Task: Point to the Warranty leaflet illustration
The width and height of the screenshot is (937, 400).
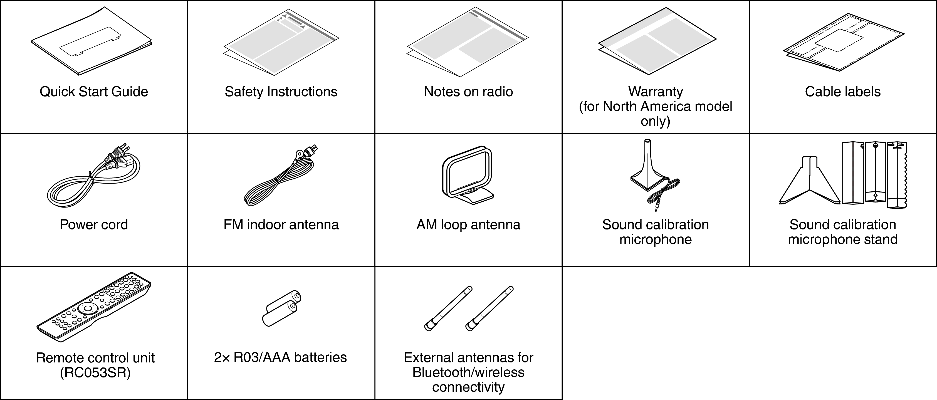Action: pyautogui.click(x=657, y=44)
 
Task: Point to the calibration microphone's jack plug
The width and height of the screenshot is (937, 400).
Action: pyautogui.click(x=657, y=208)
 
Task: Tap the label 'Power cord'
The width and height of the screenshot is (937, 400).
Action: pyautogui.click(x=94, y=225)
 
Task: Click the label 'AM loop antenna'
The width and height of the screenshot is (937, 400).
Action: pyautogui.click(x=468, y=225)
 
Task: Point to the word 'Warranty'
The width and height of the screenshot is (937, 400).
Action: pyautogui.click(x=656, y=92)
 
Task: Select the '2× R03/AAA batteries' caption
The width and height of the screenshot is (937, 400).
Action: pyautogui.click(x=280, y=357)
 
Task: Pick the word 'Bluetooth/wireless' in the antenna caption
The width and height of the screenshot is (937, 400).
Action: pyautogui.click(x=468, y=372)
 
